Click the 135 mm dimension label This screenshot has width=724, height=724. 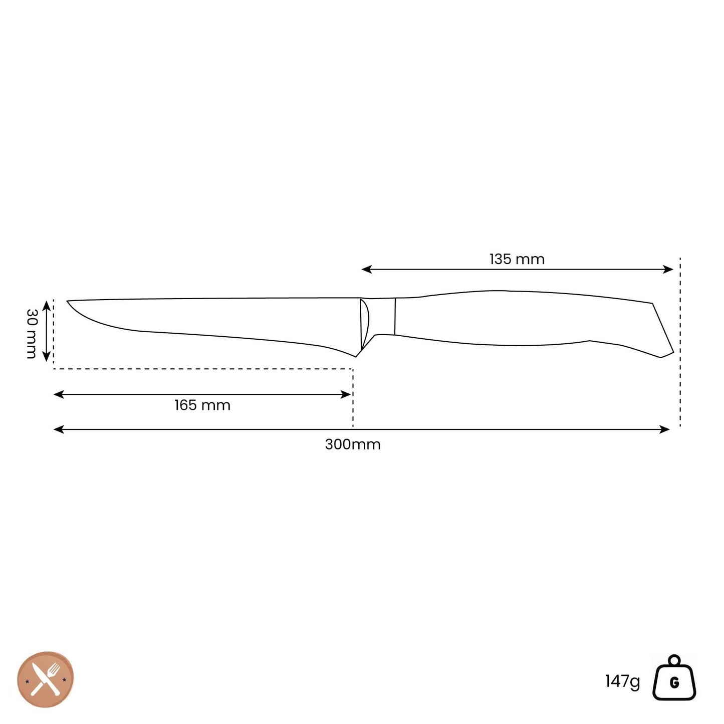point(517,259)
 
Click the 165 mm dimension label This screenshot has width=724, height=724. point(202,405)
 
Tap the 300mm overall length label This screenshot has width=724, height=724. point(352,444)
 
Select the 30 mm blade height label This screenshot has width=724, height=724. point(32,334)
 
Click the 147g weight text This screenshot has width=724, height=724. point(622,681)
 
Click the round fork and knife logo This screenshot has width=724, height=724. point(46,680)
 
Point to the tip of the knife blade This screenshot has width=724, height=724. point(67,301)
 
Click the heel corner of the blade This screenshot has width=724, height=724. point(356,357)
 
